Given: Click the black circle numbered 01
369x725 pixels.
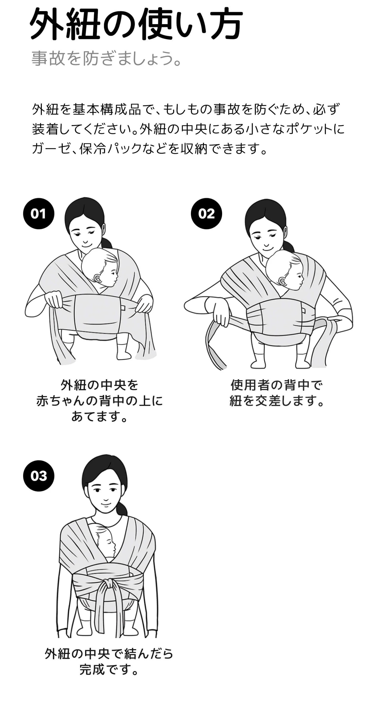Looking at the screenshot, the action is (39, 214).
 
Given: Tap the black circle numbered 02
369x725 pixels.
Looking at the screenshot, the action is (206, 214).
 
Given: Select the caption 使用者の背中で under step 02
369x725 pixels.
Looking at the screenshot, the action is (277, 385).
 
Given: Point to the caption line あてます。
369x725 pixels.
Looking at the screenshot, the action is (100, 416).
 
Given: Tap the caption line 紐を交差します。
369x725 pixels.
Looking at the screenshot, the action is (277, 401).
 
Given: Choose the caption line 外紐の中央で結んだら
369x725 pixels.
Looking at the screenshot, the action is (109, 654).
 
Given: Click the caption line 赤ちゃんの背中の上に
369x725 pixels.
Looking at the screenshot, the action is (100, 401).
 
